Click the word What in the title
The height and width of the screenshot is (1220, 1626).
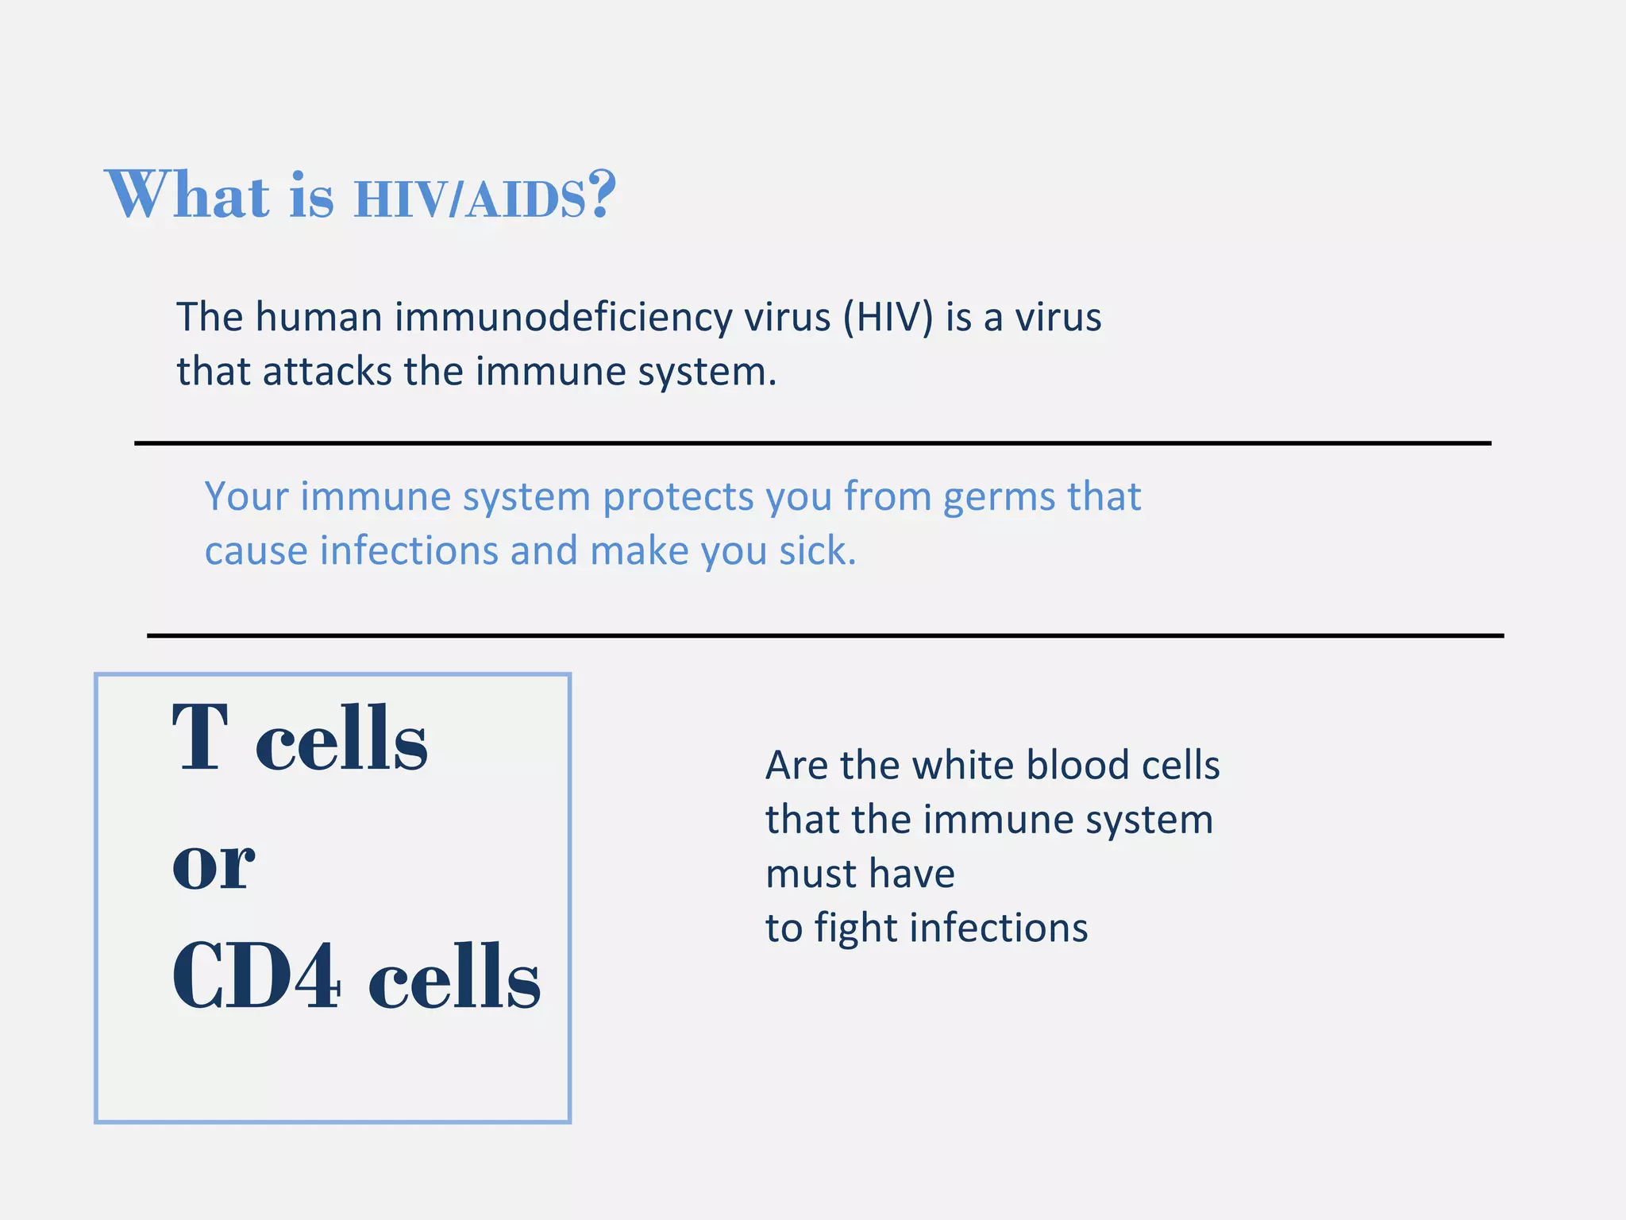pos(187,195)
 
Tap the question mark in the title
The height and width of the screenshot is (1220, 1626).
pos(602,193)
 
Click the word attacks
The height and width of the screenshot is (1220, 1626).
pos(327,372)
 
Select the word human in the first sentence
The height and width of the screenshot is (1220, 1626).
pos(319,318)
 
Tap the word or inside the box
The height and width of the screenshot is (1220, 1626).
pos(213,864)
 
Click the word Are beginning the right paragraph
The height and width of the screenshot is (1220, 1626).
pos(797,766)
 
